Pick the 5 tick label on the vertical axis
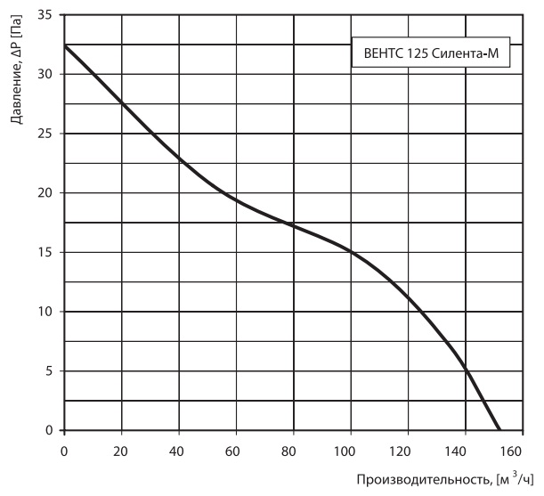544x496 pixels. pyautogui.click(x=48, y=371)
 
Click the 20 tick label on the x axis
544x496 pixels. pyautogui.click(x=121, y=451)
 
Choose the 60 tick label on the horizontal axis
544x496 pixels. pyautogui.click(x=236, y=451)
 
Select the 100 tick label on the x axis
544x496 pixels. pyautogui.click(x=351, y=451)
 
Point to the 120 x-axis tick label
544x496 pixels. pyautogui.click(x=408, y=451)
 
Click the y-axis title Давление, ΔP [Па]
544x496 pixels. pyautogui.click(x=17, y=69)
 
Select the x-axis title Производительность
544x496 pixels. pyautogui.click(x=423, y=480)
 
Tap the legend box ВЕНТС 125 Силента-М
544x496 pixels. pyautogui.click(x=431, y=52)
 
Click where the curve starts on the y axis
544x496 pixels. pyautogui.click(x=64, y=45)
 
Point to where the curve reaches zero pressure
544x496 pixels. pyautogui.click(x=499, y=430)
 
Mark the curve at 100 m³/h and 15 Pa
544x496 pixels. pyautogui.click(x=351, y=252)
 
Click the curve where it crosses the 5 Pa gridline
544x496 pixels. pyautogui.click(x=466, y=371)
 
